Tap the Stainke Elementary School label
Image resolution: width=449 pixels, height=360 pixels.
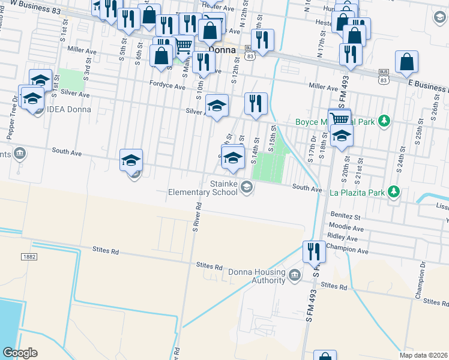coord(203,188)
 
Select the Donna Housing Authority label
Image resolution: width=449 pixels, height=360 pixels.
coord(256,276)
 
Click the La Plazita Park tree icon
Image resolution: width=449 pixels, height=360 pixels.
coord(394,192)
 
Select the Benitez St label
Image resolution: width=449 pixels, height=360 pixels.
coord(344,214)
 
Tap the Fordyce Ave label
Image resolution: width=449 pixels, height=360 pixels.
coord(167,86)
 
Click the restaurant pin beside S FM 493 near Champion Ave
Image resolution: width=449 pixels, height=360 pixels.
coord(313,251)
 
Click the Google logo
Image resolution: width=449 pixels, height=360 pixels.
coord(20,353)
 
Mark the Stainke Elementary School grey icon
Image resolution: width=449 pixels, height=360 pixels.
coord(246,188)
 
